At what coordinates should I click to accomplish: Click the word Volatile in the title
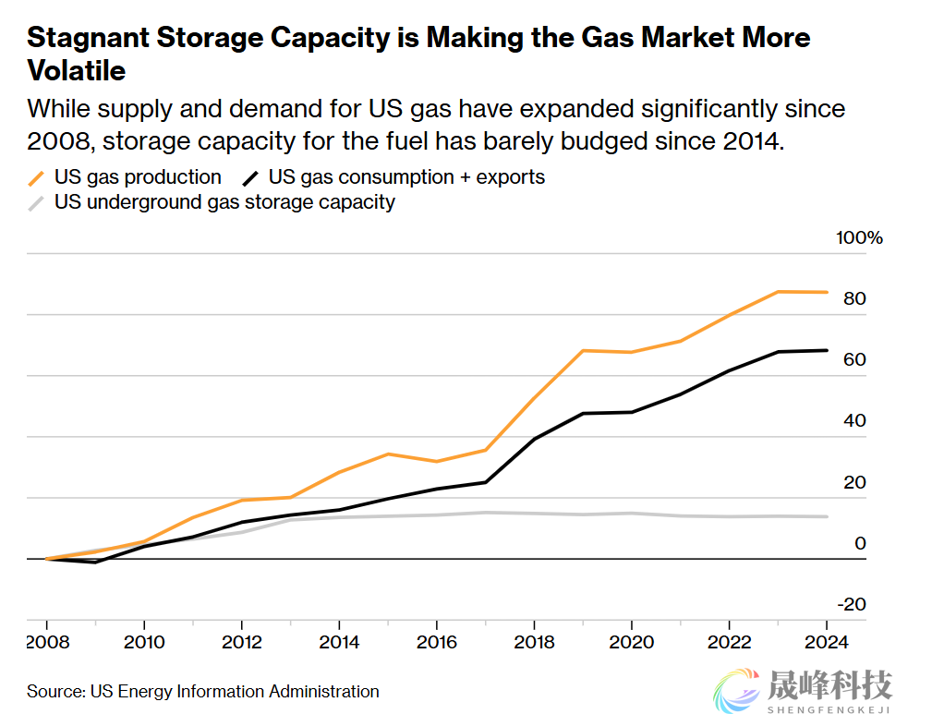(x=77, y=70)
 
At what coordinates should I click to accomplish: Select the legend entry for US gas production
(x=137, y=176)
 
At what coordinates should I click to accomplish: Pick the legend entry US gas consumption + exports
(x=405, y=176)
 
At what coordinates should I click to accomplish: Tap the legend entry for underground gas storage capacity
(x=224, y=201)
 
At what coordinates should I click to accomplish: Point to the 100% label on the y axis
(x=859, y=238)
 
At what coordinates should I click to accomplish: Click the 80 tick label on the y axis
(x=853, y=299)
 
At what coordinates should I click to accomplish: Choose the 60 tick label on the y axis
(x=853, y=360)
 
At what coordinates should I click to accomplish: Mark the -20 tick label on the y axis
(x=851, y=604)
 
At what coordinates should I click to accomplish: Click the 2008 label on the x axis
(x=46, y=642)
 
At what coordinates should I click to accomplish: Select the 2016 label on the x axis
(x=437, y=642)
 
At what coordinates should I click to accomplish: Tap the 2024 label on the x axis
(x=827, y=642)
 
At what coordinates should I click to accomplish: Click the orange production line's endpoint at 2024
(x=827, y=292)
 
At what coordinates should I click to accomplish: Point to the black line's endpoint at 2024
(x=827, y=350)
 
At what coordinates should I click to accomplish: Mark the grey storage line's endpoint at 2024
(x=827, y=516)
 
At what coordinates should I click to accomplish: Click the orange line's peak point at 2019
(x=583, y=350)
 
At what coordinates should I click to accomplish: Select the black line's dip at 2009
(x=95, y=562)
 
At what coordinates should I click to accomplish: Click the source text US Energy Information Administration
(x=235, y=691)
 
